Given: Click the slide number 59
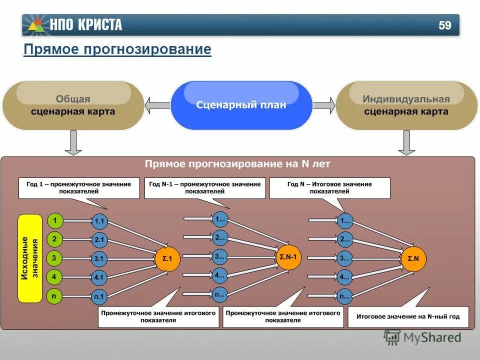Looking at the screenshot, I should click(x=444, y=25).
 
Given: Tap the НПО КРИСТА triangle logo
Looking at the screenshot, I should click(x=36, y=25).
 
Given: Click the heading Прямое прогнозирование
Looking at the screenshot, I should click(x=117, y=49).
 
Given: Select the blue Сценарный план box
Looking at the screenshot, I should click(x=241, y=105).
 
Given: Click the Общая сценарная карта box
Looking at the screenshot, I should click(x=73, y=105).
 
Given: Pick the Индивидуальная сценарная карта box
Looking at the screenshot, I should click(x=406, y=105).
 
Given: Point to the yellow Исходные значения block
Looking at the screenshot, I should click(x=30, y=258).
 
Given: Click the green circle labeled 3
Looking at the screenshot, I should click(x=54, y=258).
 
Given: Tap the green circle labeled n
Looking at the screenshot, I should click(x=54, y=295).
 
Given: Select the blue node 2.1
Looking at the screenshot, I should click(x=99, y=239).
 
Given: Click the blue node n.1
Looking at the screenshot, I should click(x=99, y=296).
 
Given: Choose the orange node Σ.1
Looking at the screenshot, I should click(x=167, y=258).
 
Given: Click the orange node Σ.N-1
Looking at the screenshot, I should click(x=287, y=257).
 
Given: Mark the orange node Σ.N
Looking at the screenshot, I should click(x=413, y=258).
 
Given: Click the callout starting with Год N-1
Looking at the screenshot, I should click(x=205, y=187).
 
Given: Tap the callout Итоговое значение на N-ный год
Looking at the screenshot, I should click(x=407, y=316).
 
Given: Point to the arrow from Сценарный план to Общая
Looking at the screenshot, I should click(x=157, y=105).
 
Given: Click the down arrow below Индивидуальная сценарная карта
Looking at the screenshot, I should click(x=406, y=143).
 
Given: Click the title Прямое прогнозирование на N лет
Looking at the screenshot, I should click(x=237, y=163).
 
